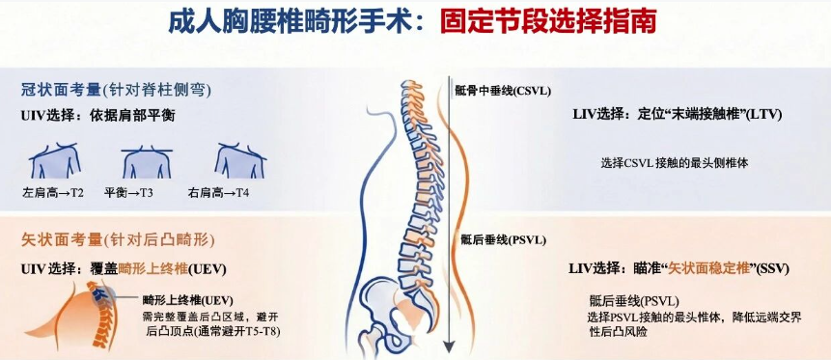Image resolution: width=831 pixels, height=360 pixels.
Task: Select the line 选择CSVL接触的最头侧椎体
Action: click(674, 163)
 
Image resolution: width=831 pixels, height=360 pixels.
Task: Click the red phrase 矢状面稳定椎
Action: click(707, 266)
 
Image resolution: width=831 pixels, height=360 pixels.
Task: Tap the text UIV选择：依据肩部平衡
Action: click(97, 116)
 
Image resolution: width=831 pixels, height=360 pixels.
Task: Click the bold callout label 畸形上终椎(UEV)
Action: click(188, 299)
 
